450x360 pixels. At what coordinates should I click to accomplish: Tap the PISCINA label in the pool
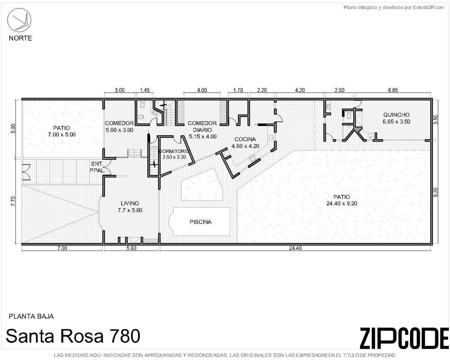(200, 222)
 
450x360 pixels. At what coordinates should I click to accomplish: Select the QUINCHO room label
(396, 115)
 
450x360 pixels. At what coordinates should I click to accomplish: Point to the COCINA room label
(245, 139)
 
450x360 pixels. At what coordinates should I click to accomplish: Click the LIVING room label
(130, 203)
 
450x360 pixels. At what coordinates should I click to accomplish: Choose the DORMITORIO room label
(174, 151)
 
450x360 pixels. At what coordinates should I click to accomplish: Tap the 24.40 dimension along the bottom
(295, 248)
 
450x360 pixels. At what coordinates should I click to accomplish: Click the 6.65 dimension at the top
(393, 90)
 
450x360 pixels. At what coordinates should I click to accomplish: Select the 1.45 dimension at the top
(145, 90)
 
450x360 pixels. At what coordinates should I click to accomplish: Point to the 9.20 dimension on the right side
(436, 192)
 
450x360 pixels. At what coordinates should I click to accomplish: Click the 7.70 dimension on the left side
(13, 201)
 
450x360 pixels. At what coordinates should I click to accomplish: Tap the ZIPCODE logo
(404, 338)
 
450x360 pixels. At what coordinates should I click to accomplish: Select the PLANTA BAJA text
(31, 316)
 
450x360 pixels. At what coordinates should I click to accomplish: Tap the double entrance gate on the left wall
(26, 172)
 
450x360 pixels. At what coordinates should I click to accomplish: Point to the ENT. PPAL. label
(97, 167)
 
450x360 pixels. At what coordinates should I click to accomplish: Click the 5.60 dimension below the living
(131, 248)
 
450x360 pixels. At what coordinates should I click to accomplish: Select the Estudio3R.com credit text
(394, 7)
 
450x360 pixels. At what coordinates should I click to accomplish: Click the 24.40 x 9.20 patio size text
(342, 203)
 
